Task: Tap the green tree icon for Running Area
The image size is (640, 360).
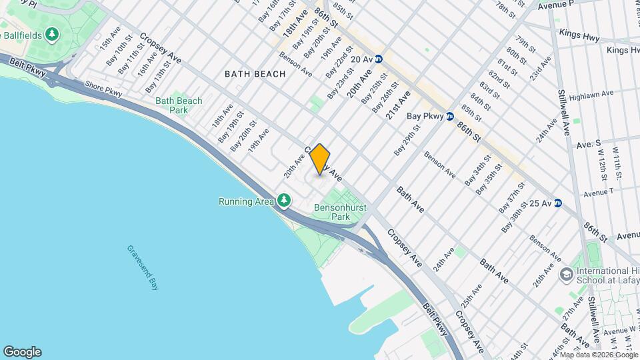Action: point(285,201)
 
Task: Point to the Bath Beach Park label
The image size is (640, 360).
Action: point(179,105)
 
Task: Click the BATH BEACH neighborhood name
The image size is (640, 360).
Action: point(255,74)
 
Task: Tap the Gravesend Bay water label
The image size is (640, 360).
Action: point(142,265)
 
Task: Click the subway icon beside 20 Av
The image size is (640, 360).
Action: point(379,59)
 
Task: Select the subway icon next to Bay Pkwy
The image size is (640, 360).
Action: point(450,116)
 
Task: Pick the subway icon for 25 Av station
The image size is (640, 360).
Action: point(557,203)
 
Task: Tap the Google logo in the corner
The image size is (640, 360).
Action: point(22,351)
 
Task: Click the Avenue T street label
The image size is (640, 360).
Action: point(598,193)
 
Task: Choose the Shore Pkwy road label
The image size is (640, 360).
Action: point(103,87)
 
